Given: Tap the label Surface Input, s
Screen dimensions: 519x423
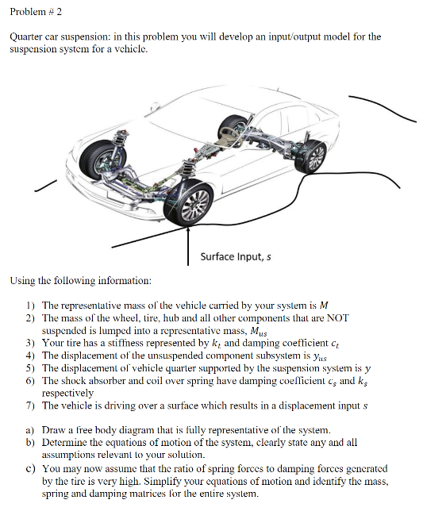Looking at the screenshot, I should coord(235,256).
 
